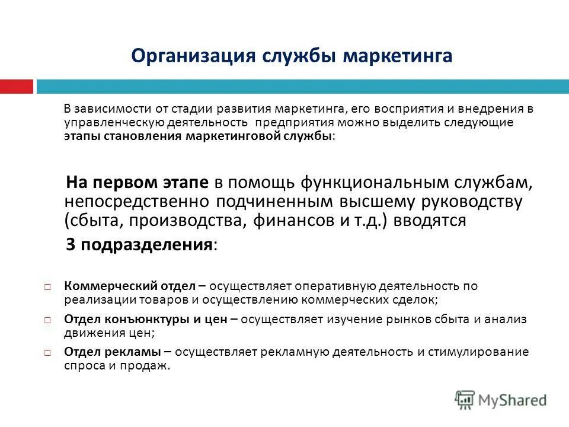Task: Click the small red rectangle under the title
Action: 16,87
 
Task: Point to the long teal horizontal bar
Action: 302,87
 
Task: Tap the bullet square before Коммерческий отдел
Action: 47,287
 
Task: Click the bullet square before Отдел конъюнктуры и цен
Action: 47,320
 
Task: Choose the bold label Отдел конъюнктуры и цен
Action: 146,319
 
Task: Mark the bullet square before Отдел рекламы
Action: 47,353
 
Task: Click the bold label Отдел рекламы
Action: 110,352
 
